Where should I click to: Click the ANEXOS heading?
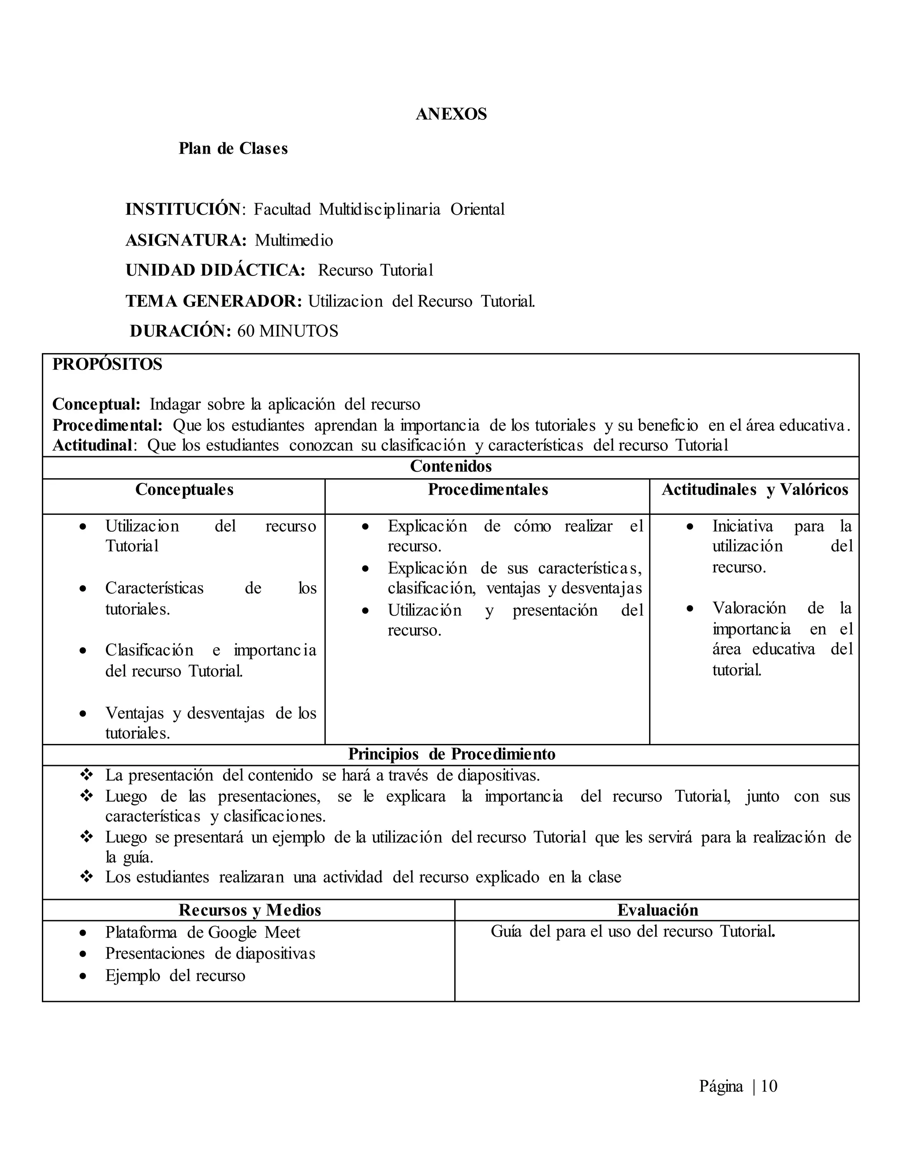click(451, 114)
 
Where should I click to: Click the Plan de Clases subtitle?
click(233, 148)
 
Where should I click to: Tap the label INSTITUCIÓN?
click(183, 208)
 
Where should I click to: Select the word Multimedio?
click(294, 240)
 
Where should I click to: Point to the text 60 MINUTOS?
click(288, 331)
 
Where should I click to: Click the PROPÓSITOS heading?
click(107, 364)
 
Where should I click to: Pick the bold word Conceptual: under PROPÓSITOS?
click(96, 404)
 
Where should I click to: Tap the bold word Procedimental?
click(107, 425)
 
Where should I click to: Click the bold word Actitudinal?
click(92, 445)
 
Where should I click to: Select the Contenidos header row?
click(451, 466)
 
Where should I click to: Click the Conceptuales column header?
click(184, 489)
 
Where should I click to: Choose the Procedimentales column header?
click(487, 489)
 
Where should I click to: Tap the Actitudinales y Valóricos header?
click(754, 489)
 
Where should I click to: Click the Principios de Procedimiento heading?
click(451, 754)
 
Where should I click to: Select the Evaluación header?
click(657, 910)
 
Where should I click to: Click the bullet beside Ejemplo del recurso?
click(83, 976)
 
